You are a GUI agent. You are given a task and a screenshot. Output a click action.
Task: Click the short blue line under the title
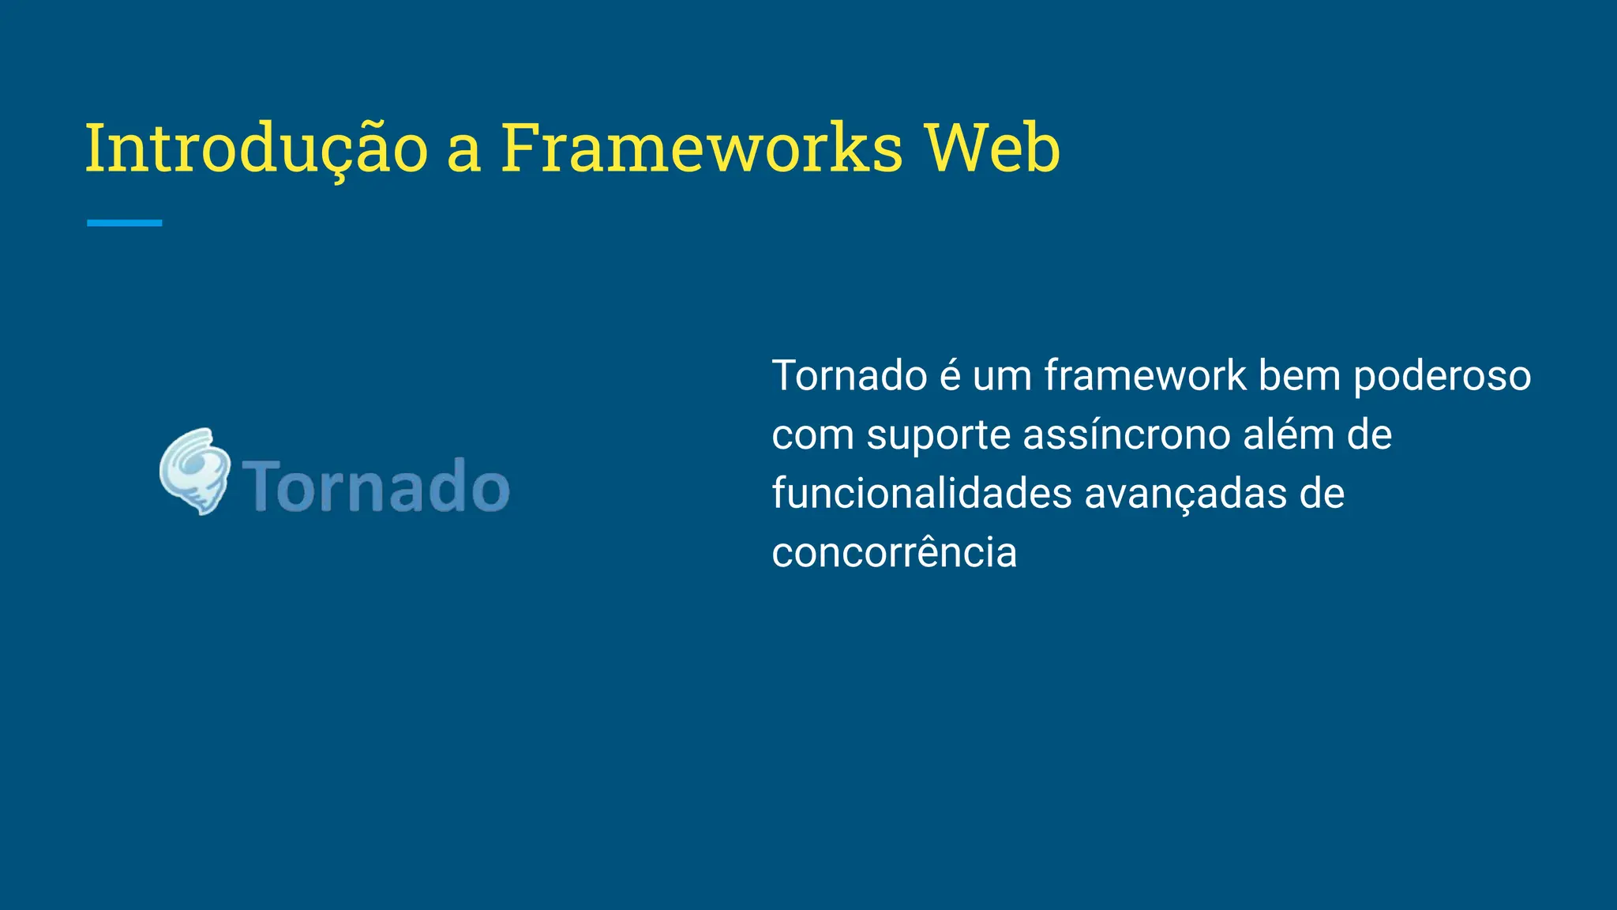tap(124, 224)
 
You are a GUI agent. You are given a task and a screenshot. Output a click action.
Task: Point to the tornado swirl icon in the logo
tap(195, 472)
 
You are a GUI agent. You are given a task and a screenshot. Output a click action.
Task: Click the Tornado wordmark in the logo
tap(376, 486)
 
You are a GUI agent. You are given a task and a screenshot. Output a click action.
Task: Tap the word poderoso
tap(1442, 377)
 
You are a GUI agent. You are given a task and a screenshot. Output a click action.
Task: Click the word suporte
tap(938, 435)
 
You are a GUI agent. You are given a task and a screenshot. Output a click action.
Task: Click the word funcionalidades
tap(921, 494)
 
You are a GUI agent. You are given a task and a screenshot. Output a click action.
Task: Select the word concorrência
tap(894, 552)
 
